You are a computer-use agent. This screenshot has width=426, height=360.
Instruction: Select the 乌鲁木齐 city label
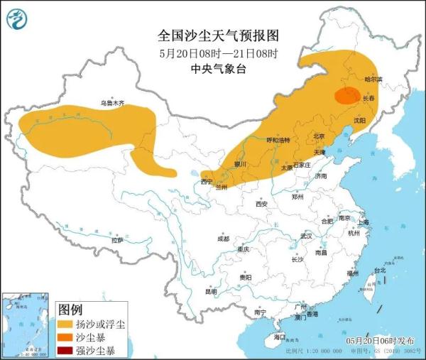(111, 104)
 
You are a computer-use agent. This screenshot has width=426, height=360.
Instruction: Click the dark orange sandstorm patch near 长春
(346, 96)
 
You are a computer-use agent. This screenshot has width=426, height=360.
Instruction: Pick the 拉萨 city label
(117, 240)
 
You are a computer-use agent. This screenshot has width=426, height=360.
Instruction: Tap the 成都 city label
(224, 238)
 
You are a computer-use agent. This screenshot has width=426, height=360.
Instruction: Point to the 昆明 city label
(211, 290)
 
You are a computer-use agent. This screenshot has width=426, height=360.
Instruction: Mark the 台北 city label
(380, 270)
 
